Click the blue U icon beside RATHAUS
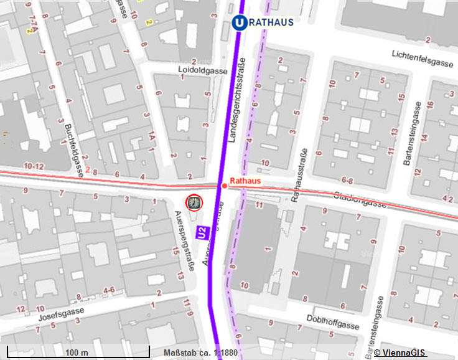click(x=238, y=22)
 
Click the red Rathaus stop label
click(x=244, y=181)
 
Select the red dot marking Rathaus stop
click(x=224, y=186)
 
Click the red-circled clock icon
click(x=194, y=202)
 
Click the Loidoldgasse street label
click(x=202, y=71)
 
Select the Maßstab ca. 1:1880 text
click(x=200, y=353)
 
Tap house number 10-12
click(x=34, y=166)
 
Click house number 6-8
click(x=347, y=181)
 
